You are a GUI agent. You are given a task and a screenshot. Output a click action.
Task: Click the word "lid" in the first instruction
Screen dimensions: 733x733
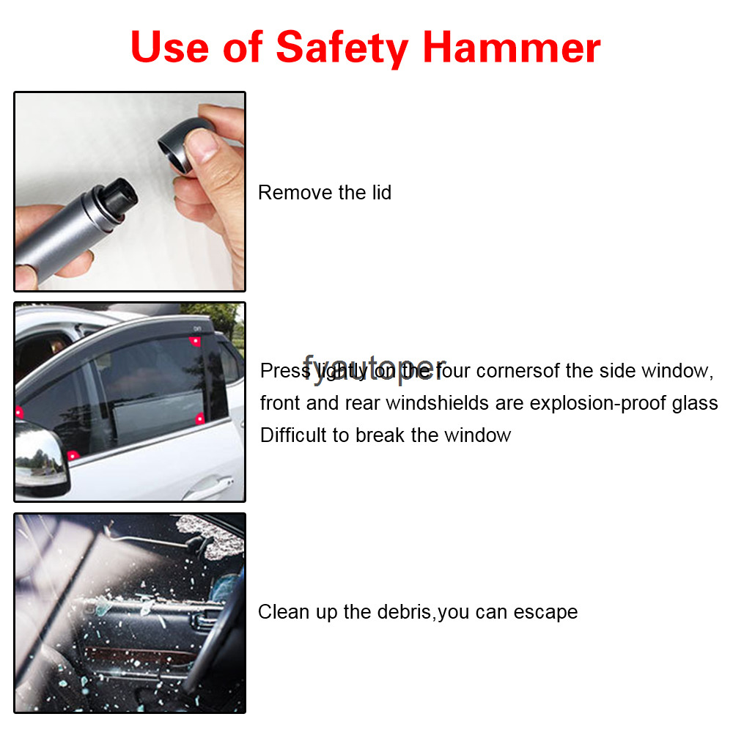tap(377, 193)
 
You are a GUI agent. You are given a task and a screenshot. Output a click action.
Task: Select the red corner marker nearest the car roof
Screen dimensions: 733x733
tap(195, 341)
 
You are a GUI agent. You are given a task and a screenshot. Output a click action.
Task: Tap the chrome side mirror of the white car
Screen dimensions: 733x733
tap(40, 462)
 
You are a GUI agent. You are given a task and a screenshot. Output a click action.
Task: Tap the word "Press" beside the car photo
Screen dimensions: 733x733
tap(284, 371)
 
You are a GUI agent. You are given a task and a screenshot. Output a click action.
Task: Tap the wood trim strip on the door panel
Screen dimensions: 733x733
tap(139, 652)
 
